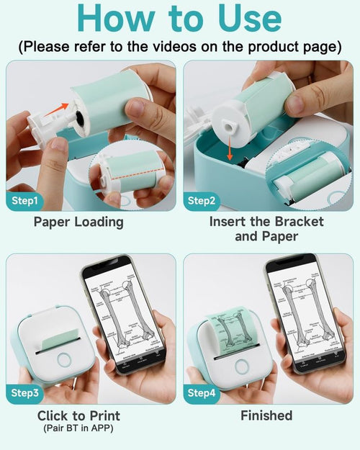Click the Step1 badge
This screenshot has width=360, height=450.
pyautogui.click(x=27, y=201)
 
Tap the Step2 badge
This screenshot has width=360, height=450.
pyautogui.click(x=203, y=201)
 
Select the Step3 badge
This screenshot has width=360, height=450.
pyautogui.click(x=27, y=392)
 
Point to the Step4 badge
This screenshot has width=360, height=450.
pyautogui.click(x=203, y=392)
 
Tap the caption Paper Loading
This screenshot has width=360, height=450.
pyautogui.click(x=78, y=222)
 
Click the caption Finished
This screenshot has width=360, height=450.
pyautogui.click(x=266, y=415)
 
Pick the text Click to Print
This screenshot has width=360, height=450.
pyautogui.click(x=78, y=415)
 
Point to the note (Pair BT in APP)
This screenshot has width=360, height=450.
pyautogui.click(x=78, y=428)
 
